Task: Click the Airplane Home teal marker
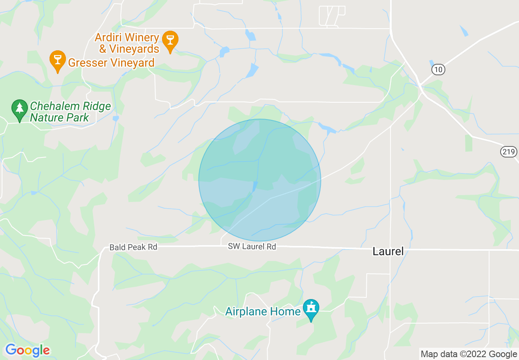311,308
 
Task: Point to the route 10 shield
438,70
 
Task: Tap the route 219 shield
508,152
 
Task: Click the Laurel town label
388,251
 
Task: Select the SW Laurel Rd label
252,247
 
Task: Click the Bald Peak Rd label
133,247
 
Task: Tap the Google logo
27,350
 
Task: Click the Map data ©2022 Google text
469,354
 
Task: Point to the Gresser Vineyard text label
111,63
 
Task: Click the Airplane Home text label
263,312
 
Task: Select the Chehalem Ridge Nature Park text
70,112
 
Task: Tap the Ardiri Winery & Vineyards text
127,43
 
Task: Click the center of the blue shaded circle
259,180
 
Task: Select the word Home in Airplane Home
287,312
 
